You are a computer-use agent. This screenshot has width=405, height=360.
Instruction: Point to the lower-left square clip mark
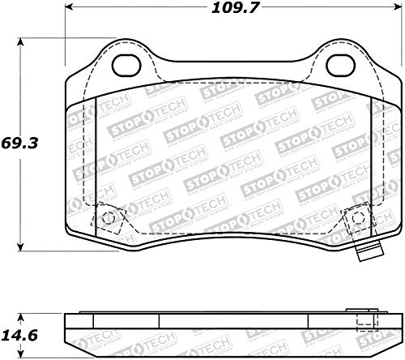(x=107, y=216)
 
